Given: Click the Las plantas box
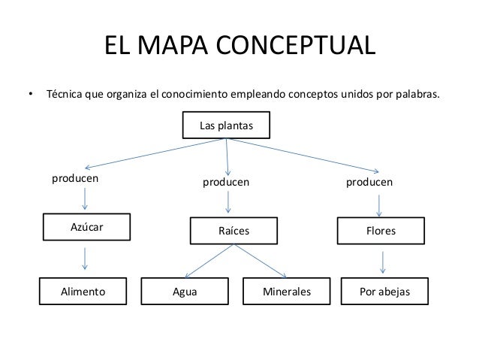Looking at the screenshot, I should [x=226, y=126].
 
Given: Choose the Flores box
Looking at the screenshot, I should [x=381, y=232].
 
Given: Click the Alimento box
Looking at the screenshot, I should [x=83, y=291].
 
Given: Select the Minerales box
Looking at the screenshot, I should [x=287, y=292].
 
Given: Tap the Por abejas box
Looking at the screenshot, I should [x=385, y=292].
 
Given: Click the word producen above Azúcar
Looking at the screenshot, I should [x=75, y=180].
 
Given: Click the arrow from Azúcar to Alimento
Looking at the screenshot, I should [x=86, y=258].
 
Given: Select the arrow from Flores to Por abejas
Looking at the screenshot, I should [x=384, y=262].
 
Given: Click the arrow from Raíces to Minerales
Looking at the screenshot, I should [x=263, y=262].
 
